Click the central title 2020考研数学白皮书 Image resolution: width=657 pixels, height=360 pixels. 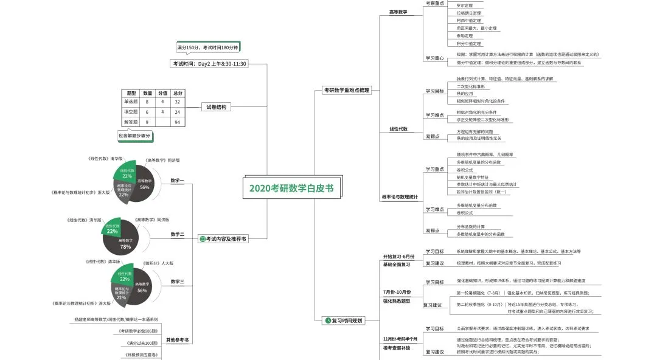pos(291,188)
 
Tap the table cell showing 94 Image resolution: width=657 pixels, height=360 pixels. pos(178,122)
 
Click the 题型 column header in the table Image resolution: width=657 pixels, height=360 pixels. pos(131,93)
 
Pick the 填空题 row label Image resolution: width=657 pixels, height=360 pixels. pos(131,112)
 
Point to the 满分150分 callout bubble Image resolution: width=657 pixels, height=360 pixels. pos(207,47)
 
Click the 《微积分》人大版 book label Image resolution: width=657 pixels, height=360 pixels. pos(158,263)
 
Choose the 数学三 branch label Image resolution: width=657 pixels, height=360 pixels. pos(178,282)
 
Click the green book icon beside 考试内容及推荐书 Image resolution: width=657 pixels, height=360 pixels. pos(203,239)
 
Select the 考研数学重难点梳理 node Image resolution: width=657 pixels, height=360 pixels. pos(346,90)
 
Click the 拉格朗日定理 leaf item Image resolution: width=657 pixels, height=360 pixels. pos(468,13)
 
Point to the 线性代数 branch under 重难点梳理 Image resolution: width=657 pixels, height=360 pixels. pos(398,129)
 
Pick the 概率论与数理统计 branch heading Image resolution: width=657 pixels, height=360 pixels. pos(400,197)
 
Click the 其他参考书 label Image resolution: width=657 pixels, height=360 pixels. pos(178,340)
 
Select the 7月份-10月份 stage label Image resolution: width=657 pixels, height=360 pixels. pos(397,292)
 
